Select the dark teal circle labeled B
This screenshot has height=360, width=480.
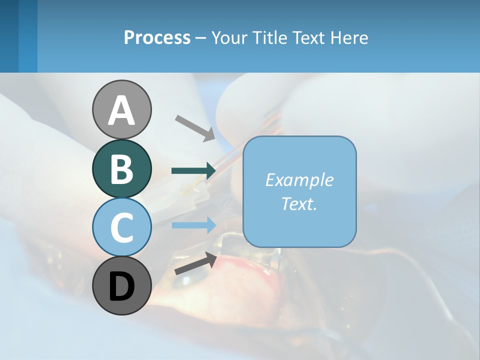coord(121,168)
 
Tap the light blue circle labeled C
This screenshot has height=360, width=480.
coord(121,227)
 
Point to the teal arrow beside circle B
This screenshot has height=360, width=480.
coord(193,171)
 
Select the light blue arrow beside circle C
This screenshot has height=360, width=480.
coord(193,225)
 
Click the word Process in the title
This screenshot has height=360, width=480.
coord(157,37)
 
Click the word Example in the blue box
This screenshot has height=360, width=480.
coord(299,180)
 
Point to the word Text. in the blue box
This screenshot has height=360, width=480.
coord(299,203)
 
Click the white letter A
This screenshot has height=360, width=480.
coord(121,110)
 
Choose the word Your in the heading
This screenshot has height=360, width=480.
coord(229,37)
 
